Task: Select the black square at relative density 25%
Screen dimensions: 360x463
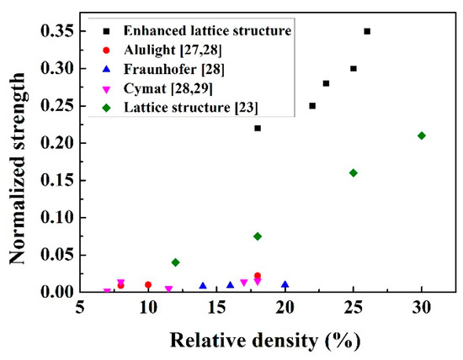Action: pos(354,68)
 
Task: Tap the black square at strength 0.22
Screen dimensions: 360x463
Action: pos(258,128)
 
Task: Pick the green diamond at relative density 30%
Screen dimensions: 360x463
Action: pos(422,135)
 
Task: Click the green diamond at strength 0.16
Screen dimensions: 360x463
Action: pos(354,172)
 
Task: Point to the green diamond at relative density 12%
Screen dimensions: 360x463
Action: pos(175,262)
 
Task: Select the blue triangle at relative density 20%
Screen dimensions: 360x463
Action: pos(285,285)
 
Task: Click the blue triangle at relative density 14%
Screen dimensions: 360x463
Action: pos(203,286)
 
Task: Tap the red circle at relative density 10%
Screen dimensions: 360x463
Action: pos(148,285)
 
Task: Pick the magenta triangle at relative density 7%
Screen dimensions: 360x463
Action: pos(107,292)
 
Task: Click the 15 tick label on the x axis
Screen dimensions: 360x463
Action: pos(216,308)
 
